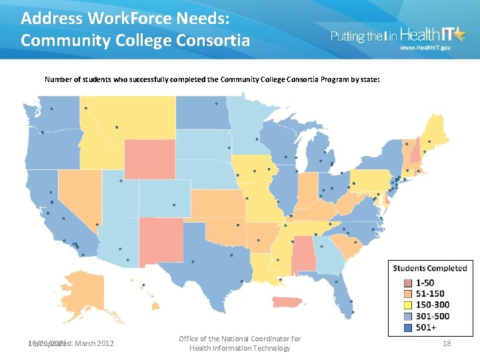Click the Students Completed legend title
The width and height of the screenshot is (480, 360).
(x=430, y=268)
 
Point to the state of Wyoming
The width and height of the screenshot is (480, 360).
(x=149, y=159)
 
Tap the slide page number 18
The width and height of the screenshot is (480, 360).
(x=446, y=343)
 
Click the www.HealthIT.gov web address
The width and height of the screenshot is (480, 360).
(x=424, y=48)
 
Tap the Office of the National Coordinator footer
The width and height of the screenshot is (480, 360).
(x=239, y=343)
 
